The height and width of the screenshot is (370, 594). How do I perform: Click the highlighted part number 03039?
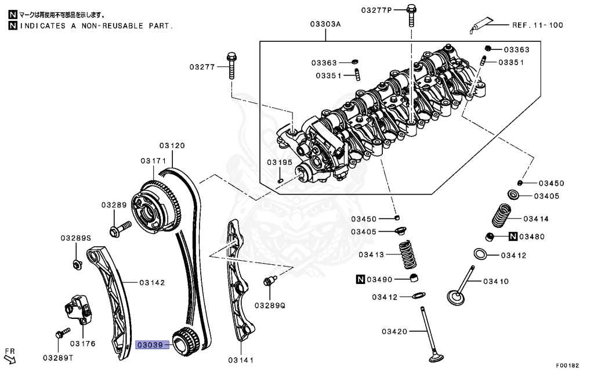150,344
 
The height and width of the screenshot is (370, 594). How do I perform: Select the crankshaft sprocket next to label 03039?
187,341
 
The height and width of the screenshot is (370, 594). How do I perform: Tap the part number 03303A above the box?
325,24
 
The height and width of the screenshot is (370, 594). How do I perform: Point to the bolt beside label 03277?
233,67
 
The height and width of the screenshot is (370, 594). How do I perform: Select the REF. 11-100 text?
537,25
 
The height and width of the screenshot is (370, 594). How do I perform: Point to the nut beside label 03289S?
77,265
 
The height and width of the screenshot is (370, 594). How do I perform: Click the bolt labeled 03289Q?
268,282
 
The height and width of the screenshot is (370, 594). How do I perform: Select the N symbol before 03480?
513,236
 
